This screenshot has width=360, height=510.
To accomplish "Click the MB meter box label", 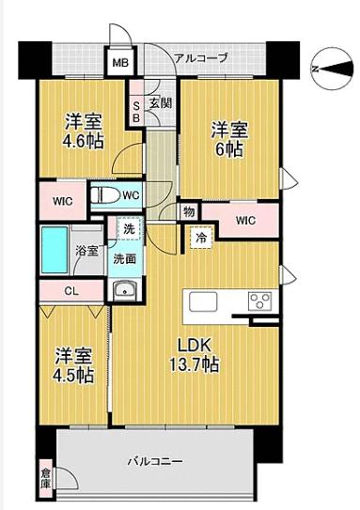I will (121, 64).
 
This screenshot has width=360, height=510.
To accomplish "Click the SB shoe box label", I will (136, 111).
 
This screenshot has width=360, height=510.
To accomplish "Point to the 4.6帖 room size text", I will (84, 142).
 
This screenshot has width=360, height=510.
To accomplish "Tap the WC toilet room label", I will (131, 196).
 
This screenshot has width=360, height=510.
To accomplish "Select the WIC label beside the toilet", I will (61, 200).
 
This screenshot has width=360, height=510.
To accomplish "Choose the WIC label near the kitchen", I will (245, 222).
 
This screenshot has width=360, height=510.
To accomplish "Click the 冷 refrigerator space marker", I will (201, 239).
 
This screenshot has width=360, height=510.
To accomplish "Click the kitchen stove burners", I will (259, 302).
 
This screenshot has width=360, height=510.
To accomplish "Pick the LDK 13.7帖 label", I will (195, 353).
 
